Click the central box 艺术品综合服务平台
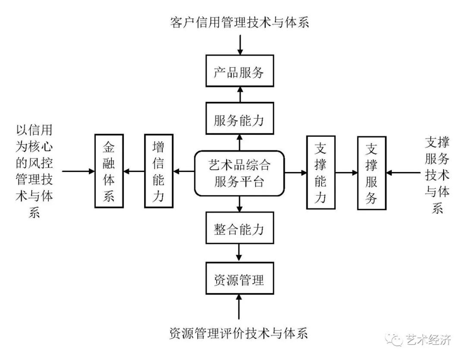(239, 173)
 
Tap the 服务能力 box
(239, 118)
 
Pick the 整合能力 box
(239, 228)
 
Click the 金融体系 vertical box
(109, 171)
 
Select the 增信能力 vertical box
(158, 171)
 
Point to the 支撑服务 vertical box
(372, 173)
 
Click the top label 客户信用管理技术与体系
(239, 22)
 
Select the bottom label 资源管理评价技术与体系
(239, 333)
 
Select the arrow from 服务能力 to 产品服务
(239, 94)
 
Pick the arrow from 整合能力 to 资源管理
(239, 253)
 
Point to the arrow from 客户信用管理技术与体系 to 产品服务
(239, 44)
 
